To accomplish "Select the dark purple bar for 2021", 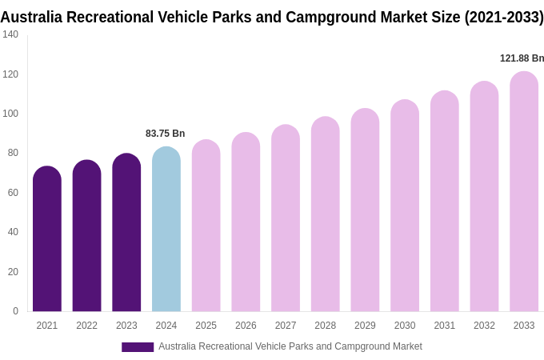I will [x=47, y=239].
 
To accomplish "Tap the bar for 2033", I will [x=524, y=192].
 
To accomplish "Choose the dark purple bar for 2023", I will [x=126, y=233].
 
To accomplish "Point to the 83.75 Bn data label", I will [x=165, y=134].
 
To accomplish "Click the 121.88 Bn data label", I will [x=522, y=58].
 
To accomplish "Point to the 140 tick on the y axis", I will [x=10, y=34].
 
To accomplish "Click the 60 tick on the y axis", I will [x=13, y=193].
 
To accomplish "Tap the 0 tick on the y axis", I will [x=15, y=311].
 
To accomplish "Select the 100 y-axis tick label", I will [x=10, y=114].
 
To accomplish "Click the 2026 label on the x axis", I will [x=246, y=326].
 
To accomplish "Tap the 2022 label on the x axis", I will [x=86, y=326].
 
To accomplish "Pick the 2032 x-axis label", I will [x=484, y=326].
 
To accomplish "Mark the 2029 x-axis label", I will [x=365, y=326].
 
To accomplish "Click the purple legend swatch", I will [x=138, y=347].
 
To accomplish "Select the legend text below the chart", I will [x=290, y=346].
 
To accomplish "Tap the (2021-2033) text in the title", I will [x=503, y=17].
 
